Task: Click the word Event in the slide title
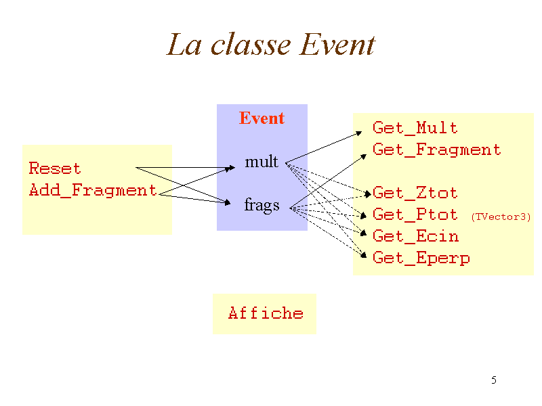pos(337,45)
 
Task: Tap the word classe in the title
pos(251,45)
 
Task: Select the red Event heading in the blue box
pos(262,118)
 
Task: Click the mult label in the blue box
pos(262,162)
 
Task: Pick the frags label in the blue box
pos(262,205)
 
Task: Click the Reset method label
pos(55,168)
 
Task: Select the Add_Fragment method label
pos(93,190)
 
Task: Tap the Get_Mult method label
pos(415,128)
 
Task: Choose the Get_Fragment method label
pos(437,150)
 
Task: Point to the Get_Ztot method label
pos(415,193)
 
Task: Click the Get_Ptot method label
pos(415,215)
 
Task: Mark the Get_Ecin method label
pos(415,236)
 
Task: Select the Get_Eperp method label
pos(421,258)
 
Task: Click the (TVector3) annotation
pos(501,217)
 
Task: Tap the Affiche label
pos(266,313)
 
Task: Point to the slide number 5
pos(494,380)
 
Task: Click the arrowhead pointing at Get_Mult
pos(359,133)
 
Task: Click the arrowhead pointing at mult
pos(230,167)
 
